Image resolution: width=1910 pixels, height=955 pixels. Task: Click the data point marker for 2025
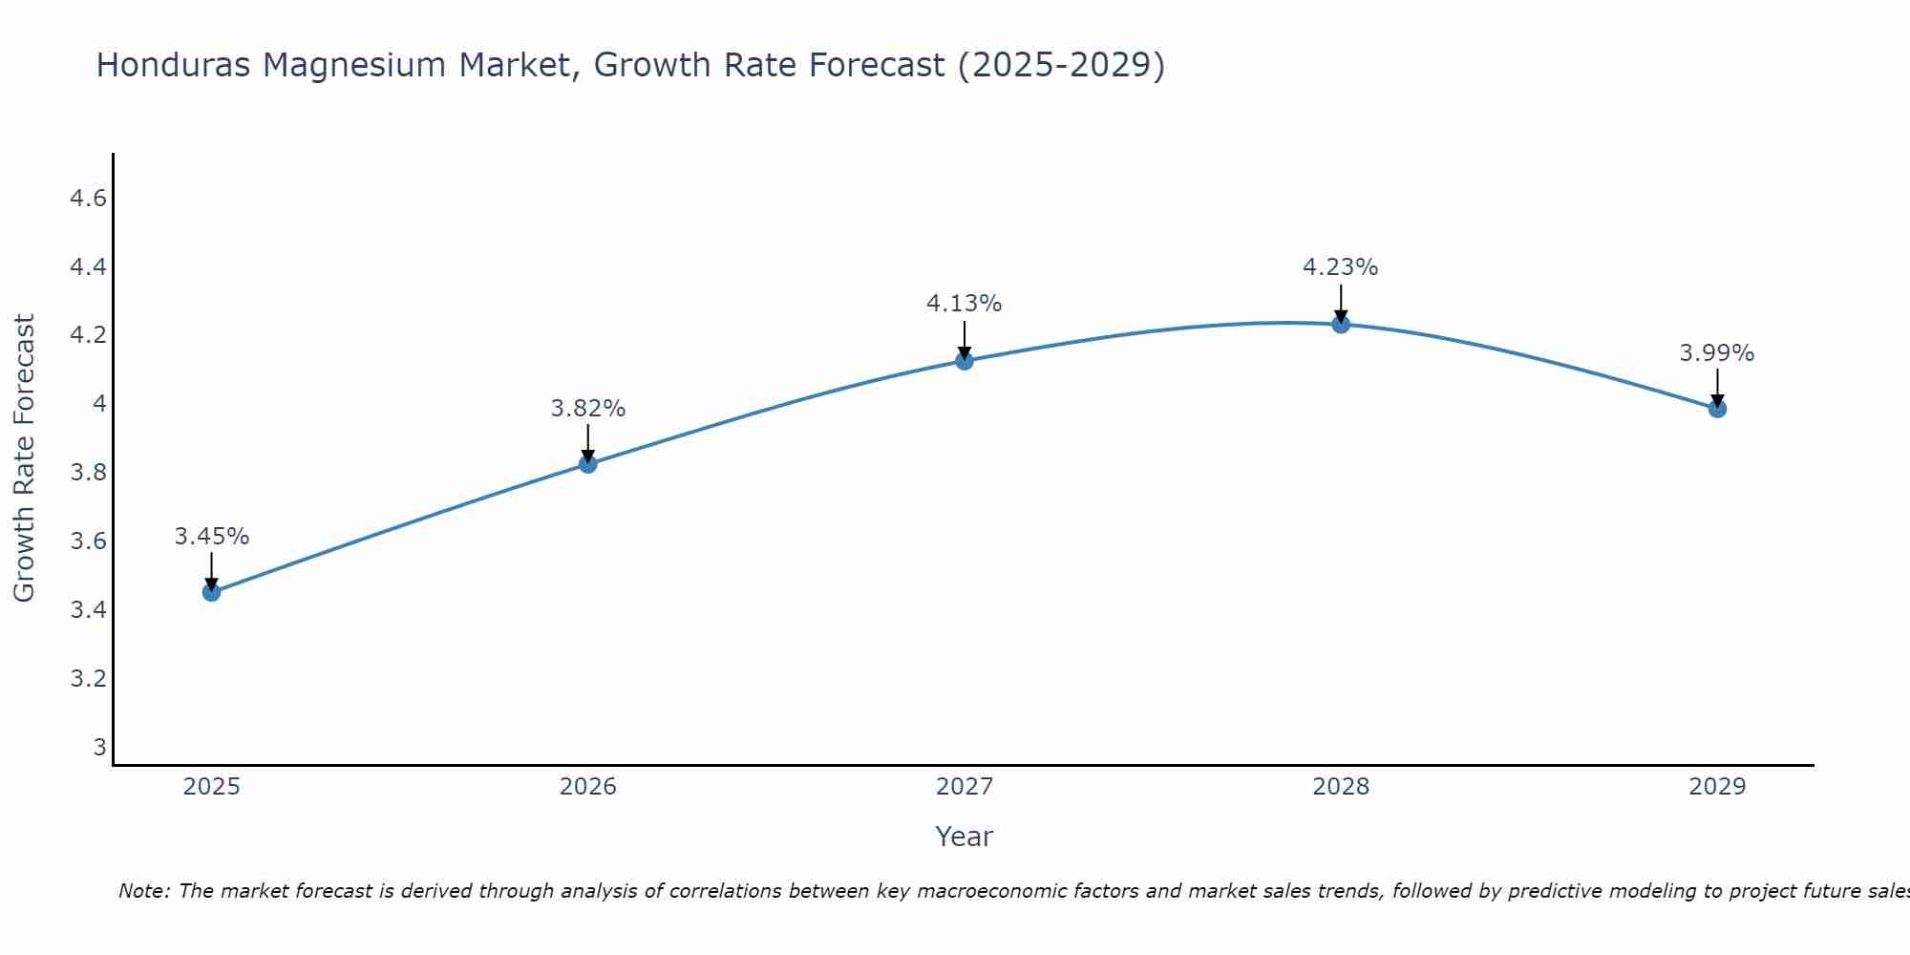[212, 592]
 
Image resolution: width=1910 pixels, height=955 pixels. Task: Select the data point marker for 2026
[588, 464]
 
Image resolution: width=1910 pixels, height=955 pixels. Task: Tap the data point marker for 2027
[965, 360]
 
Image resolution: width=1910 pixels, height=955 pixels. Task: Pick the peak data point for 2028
[1341, 324]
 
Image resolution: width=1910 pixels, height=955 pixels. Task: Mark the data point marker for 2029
[1717, 409]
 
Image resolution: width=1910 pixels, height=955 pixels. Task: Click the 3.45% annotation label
[212, 537]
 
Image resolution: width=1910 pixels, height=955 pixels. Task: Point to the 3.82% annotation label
[588, 409]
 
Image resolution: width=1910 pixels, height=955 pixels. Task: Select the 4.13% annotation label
[965, 304]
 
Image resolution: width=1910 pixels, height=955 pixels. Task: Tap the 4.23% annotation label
[1341, 267]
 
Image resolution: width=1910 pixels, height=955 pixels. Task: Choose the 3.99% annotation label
[1717, 353]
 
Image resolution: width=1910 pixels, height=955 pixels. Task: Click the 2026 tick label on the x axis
[588, 787]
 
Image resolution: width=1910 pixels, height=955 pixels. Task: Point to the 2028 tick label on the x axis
[1341, 787]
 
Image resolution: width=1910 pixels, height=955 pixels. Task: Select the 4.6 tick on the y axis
[88, 199]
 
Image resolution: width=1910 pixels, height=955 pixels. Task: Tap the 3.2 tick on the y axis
[88, 679]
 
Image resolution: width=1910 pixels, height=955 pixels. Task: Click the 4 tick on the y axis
[99, 404]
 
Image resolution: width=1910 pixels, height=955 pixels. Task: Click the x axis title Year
[965, 837]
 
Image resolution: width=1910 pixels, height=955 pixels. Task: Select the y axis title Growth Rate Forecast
[24, 458]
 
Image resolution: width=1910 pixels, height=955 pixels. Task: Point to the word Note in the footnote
[143, 891]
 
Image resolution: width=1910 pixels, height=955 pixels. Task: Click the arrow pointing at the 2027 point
[965, 339]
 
